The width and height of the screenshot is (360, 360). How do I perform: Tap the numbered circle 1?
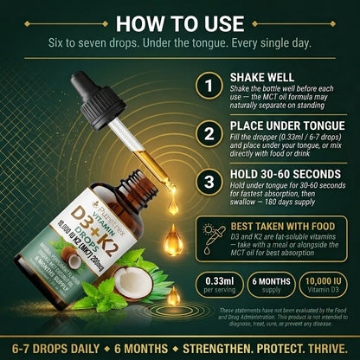207,86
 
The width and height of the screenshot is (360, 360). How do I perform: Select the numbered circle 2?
207,133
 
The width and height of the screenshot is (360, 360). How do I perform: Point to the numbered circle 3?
207,182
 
